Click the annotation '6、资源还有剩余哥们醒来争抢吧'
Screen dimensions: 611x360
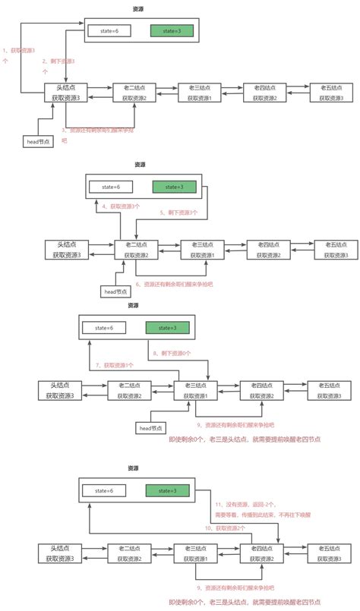point(174,284)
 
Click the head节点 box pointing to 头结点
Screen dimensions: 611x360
point(39,142)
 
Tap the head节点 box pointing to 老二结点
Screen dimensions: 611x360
point(115,291)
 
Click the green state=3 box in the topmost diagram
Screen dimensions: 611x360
point(172,31)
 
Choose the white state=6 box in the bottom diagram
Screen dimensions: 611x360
point(106,491)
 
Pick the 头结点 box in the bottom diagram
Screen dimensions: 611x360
point(60,553)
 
